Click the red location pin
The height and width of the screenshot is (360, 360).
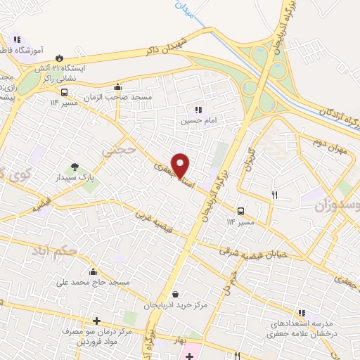click(x=181, y=165)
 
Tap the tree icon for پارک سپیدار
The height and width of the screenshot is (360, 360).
click(x=75, y=167)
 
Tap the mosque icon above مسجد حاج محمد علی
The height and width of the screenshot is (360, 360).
click(x=94, y=271)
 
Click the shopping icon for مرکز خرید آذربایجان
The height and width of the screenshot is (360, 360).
click(x=174, y=295)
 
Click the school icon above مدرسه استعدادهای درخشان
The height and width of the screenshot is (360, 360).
click(x=302, y=313)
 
